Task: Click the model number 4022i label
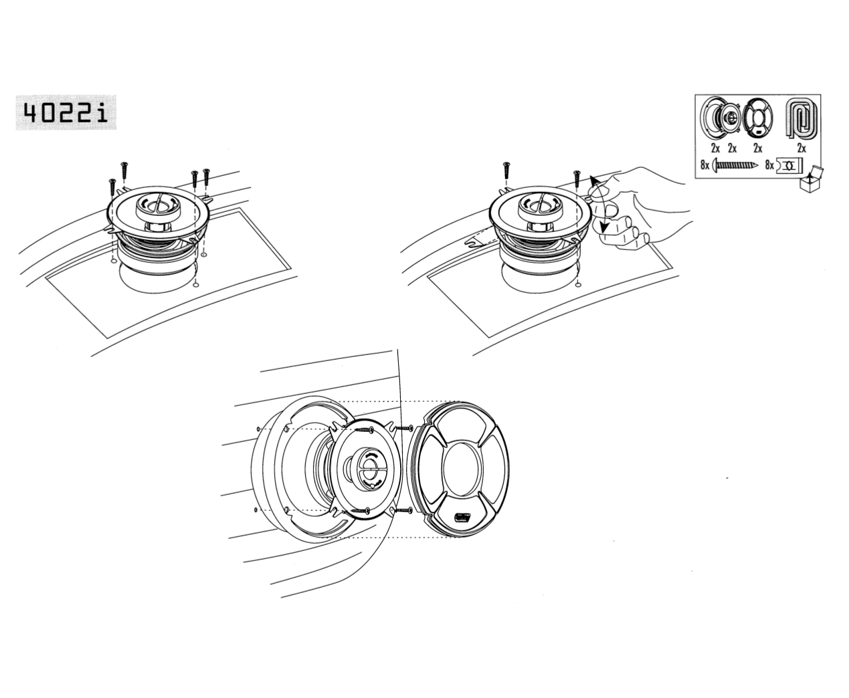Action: pos(66,112)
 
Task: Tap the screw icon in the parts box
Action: pos(735,165)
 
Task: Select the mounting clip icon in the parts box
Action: pos(789,165)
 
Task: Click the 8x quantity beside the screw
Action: pos(705,165)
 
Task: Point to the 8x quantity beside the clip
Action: pos(769,165)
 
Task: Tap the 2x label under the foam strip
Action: pos(801,149)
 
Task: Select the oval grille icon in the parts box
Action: pos(757,118)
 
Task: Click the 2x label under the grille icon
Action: pos(757,149)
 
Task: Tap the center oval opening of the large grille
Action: pos(462,469)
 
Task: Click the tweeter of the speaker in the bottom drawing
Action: pos(369,469)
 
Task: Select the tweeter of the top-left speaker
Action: pos(157,205)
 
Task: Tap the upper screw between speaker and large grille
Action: pos(404,428)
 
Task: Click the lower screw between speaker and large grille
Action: pos(404,511)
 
